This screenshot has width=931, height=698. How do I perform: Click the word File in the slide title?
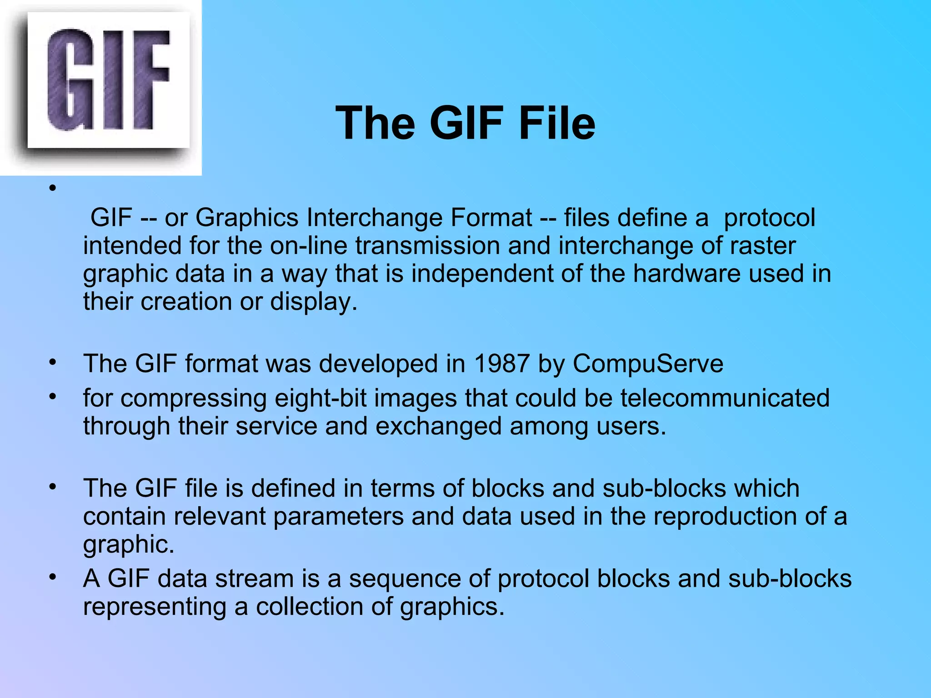(x=557, y=123)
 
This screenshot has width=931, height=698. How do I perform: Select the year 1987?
(x=501, y=364)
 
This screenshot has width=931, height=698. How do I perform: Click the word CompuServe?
(x=648, y=364)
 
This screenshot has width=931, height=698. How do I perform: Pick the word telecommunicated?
(x=725, y=398)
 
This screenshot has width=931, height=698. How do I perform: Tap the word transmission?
(x=427, y=246)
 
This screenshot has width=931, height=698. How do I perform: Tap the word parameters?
(x=338, y=516)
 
